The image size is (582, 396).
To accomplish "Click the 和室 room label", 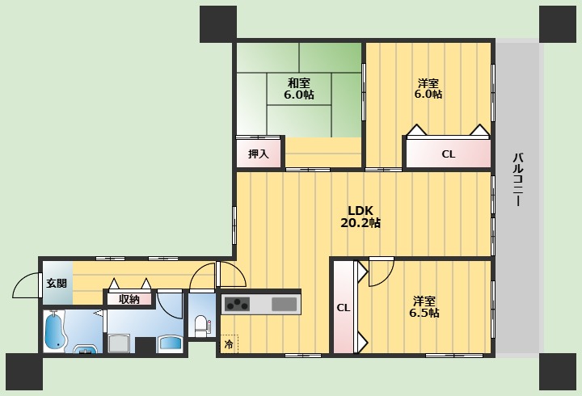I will coord(298,82).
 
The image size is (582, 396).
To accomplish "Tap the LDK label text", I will coord(361,210).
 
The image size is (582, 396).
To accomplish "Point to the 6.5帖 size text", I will coord(423,313).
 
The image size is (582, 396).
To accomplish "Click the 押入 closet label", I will coord(258,154).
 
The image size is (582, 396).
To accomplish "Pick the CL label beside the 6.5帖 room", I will coord(343,307).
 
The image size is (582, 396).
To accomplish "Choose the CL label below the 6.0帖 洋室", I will coord(448,154).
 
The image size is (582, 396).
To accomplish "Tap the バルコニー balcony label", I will coord(517,178).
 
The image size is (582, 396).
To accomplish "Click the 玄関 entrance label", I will coord(57,282).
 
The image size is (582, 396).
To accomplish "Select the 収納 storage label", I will coord(129,299).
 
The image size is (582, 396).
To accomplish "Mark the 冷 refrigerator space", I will coord(229,345).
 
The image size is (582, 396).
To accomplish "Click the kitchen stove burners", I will coord(238,305).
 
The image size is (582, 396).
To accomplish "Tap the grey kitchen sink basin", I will coord(285,305).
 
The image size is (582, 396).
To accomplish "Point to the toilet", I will coord(200,326).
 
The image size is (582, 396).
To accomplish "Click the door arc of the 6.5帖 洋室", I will coord(380,273).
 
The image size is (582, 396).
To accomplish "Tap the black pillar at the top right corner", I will coord(557,24).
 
